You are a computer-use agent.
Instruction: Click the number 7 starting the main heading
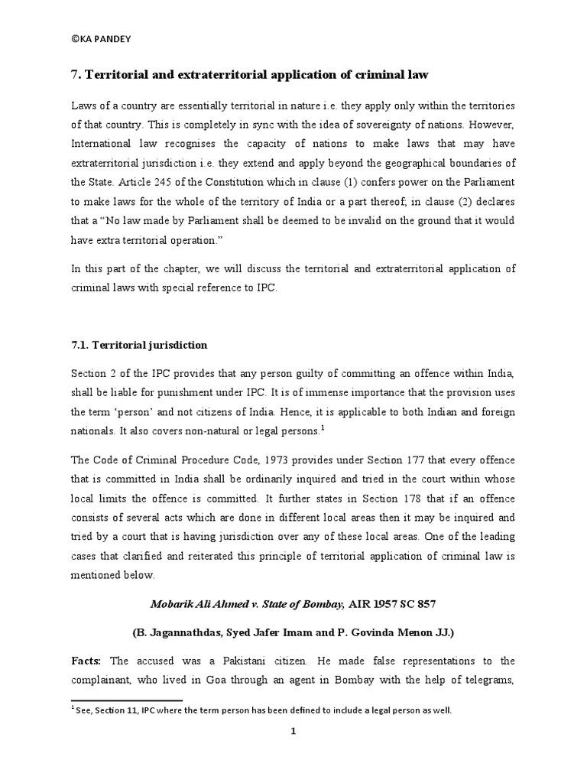click(75, 74)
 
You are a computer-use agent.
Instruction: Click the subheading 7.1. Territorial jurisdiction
click(138, 345)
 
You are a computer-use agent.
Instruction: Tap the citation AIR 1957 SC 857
click(392, 604)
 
